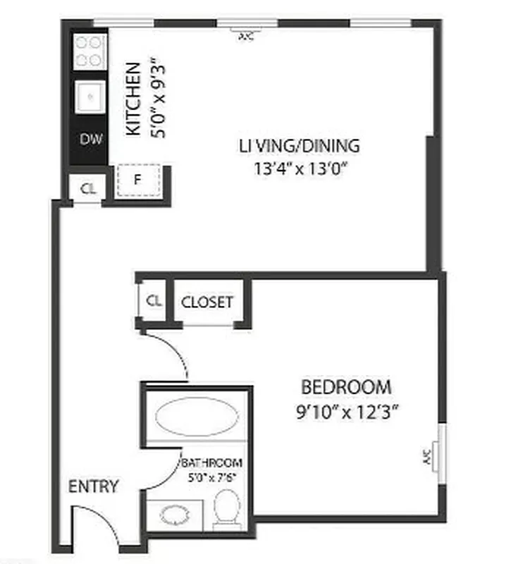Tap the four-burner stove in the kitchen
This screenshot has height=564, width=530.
[90, 51]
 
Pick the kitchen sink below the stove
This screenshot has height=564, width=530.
[90, 94]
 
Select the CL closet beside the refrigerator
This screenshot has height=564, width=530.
[87, 188]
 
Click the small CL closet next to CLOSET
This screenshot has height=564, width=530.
[154, 300]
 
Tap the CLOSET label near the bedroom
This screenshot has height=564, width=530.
[207, 302]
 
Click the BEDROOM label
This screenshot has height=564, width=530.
[346, 387]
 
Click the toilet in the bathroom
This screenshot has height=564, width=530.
[226, 506]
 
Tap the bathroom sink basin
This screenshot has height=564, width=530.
[173, 514]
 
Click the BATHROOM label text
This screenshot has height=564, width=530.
[213, 464]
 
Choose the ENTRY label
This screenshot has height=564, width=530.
[93, 487]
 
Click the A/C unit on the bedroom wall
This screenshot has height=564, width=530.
[431, 455]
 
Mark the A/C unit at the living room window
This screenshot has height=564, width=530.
[245, 33]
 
